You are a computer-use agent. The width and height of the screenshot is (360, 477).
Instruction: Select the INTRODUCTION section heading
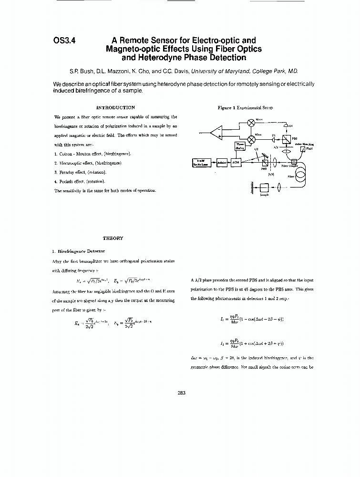coord(115,108)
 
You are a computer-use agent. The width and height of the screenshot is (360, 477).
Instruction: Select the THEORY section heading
coord(113,238)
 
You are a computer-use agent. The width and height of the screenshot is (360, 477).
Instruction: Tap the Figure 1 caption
coord(245,108)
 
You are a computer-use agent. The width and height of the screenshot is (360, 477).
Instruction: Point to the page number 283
coord(181,393)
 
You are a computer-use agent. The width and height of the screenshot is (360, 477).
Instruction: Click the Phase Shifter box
coord(240,146)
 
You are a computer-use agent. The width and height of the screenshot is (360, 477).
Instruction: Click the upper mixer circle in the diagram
coord(249,122)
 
